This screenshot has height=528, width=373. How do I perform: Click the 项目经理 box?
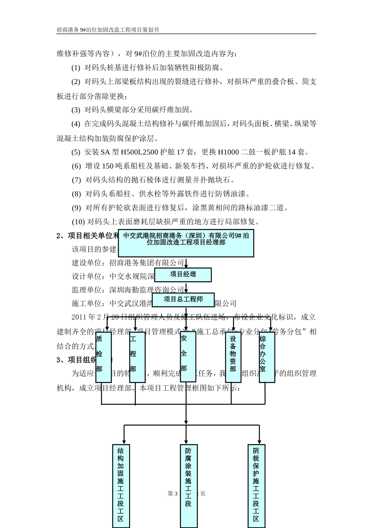[x=183, y=275]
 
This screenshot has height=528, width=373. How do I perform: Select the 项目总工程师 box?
[x=183, y=300]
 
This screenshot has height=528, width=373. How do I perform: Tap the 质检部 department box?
[x=104, y=357]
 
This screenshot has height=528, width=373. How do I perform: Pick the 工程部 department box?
[x=137, y=357]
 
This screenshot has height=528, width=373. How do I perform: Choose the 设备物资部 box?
[x=233, y=357]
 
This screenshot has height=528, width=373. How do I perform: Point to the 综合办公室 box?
[x=267, y=357]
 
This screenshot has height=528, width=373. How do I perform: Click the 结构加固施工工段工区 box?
[x=121, y=486]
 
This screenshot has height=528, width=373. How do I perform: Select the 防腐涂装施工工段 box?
[x=188, y=486]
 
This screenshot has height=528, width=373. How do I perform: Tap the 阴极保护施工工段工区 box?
[x=256, y=486]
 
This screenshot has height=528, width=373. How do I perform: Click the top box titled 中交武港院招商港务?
[x=186, y=243]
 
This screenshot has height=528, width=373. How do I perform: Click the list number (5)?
[x=76, y=152]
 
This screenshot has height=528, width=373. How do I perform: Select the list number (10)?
[x=78, y=222]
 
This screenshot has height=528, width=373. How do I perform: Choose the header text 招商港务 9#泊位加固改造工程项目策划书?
[x=108, y=30]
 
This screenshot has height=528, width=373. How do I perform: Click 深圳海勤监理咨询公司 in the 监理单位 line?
[x=146, y=290]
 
